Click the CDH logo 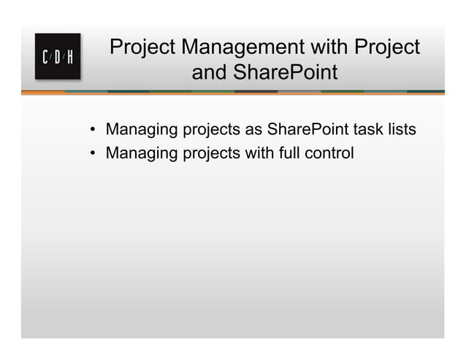[58, 56]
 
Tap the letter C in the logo [46, 57]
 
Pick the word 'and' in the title [208, 73]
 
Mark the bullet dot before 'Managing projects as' [93, 131]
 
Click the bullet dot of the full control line [93, 155]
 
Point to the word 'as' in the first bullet [253, 130]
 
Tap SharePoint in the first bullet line [308, 130]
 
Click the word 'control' [327, 153]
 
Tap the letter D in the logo [58, 57]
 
